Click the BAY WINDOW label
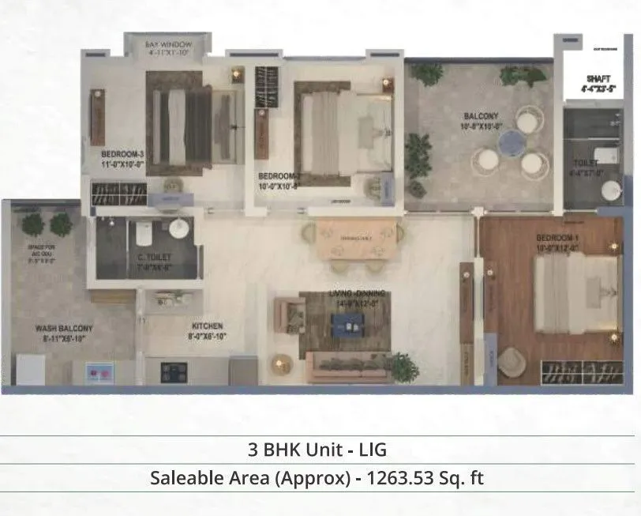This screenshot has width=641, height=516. click(x=166, y=46)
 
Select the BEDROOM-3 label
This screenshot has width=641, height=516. click(x=122, y=153)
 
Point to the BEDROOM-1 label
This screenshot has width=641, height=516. click(x=557, y=238)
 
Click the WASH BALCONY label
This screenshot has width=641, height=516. click(x=64, y=328)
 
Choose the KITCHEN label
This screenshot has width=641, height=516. click(x=207, y=326)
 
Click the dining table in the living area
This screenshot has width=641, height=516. click(x=356, y=238)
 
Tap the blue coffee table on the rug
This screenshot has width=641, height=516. click(x=344, y=322)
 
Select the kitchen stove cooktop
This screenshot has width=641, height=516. click(x=174, y=370)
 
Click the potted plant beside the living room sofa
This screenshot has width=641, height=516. click(x=402, y=366)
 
